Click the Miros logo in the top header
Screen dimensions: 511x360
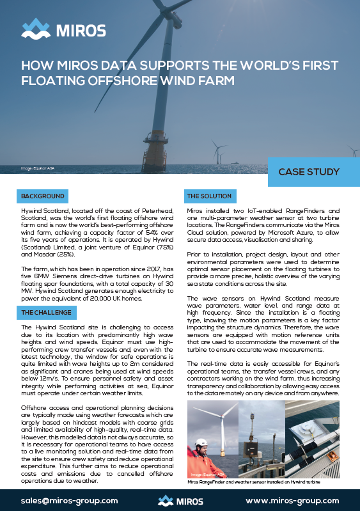tap(64, 29)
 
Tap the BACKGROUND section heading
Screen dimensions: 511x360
tap(42, 195)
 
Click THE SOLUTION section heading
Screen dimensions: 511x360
tap(209, 195)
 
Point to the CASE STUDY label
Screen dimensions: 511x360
tap(309, 172)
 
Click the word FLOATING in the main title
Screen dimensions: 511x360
tap(55, 81)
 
